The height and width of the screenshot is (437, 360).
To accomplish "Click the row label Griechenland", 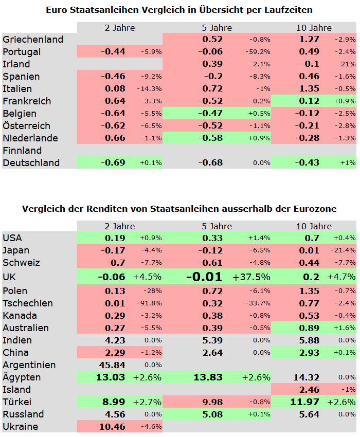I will (x=33, y=40).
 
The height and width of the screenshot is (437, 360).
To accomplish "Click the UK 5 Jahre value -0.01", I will (x=204, y=277).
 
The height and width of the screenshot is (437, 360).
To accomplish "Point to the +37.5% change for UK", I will (x=251, y=277).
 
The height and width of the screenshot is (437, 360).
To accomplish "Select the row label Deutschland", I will (x=31, y=163).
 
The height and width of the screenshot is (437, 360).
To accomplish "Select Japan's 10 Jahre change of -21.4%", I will (x=344, y=250).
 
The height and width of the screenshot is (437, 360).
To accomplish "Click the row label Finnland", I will (x=22, y=151).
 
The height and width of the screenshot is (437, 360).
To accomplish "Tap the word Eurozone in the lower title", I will (x=315, y=209).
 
